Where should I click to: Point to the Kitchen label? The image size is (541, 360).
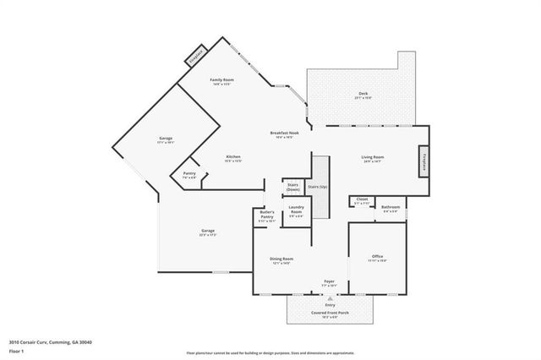232,158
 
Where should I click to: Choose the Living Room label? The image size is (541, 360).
373,158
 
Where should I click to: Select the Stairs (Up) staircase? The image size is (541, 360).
318,187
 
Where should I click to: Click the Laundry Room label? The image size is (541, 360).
296,210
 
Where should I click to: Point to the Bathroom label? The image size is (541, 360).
391,208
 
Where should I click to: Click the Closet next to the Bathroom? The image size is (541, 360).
361,200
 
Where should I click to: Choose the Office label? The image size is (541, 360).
377,257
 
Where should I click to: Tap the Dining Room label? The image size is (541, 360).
282,261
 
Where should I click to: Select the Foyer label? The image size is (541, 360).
329,282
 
